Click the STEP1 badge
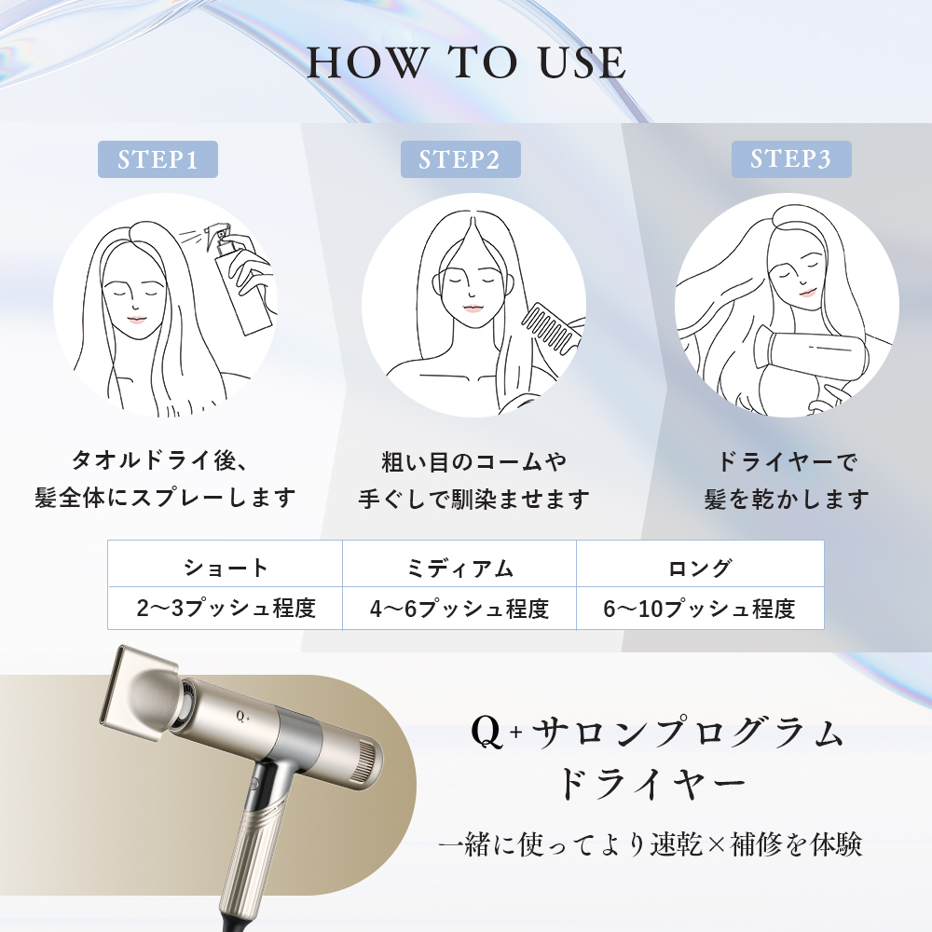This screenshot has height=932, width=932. (158, 159)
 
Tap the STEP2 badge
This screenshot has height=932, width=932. (460, 159)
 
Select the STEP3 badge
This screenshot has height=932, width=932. (791, 159)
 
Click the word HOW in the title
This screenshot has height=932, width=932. (366, 62)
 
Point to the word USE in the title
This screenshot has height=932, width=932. (582, 62)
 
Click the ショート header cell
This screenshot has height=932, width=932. (226, 565)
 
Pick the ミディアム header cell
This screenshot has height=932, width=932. (459, 565)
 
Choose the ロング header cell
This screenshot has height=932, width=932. (700, 565)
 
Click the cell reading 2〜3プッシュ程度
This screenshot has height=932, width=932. (226, 608)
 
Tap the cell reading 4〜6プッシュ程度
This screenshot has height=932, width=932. (459, 608)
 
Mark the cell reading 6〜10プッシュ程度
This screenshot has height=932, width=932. (700, 608)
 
